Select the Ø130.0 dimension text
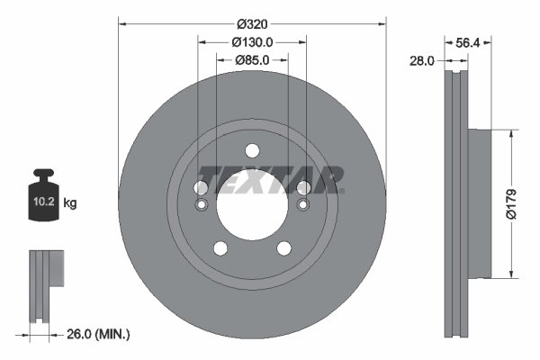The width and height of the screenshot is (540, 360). (252, 41)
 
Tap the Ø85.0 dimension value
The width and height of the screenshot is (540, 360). (252, 60)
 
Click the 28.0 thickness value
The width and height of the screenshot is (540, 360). (422, 60)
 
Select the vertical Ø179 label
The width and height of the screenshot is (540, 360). (525, 202)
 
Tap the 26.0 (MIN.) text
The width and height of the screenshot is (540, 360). (98, 334)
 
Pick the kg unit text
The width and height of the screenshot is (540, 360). (70, 204)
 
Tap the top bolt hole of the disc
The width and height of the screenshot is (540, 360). (252, 149)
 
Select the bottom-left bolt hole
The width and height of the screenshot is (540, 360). (220, 249)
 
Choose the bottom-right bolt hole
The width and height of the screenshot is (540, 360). (284, 249)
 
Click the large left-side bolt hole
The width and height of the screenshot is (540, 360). (201, 187)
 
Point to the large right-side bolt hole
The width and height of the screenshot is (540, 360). (304, 187)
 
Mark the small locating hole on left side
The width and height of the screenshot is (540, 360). (201, 206)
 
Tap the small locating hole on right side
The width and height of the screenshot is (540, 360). (304, 206)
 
